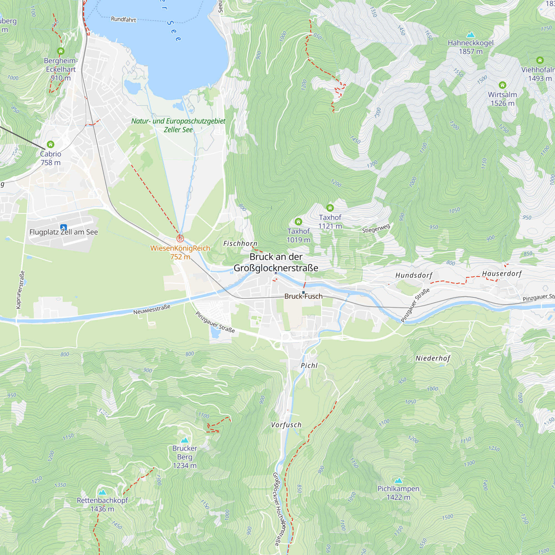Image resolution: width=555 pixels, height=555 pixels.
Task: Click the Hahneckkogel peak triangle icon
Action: point(470,35)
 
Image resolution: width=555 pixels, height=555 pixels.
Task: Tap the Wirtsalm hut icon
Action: point(502,85)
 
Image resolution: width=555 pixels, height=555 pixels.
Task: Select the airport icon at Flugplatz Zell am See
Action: point(64,228)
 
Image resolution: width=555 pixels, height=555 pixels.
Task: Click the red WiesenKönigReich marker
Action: point(180,238)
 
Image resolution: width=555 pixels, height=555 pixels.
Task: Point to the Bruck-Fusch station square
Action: point(303,292)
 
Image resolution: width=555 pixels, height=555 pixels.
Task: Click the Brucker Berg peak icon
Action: point(185,440)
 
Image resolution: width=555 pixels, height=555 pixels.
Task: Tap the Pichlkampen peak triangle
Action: point(398,481)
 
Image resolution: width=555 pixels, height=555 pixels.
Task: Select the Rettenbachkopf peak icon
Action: point(102,492)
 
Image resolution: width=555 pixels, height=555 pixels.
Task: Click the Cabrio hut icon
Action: point(51,144)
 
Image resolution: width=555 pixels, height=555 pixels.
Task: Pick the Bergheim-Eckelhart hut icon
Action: point(60,51)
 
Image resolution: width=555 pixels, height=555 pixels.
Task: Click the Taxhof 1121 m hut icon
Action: point(330,207)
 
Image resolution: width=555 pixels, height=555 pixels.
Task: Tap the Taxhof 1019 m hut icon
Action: point(298,221)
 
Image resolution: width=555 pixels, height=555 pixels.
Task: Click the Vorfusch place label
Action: point(286,425)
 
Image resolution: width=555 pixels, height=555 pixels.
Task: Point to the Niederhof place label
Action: point(433,358)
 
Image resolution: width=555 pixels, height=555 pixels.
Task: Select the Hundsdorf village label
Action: point(414,275)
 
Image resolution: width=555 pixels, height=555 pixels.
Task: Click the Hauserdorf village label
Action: point(501,274)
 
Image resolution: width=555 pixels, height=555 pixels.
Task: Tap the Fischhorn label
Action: point(240,244)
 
